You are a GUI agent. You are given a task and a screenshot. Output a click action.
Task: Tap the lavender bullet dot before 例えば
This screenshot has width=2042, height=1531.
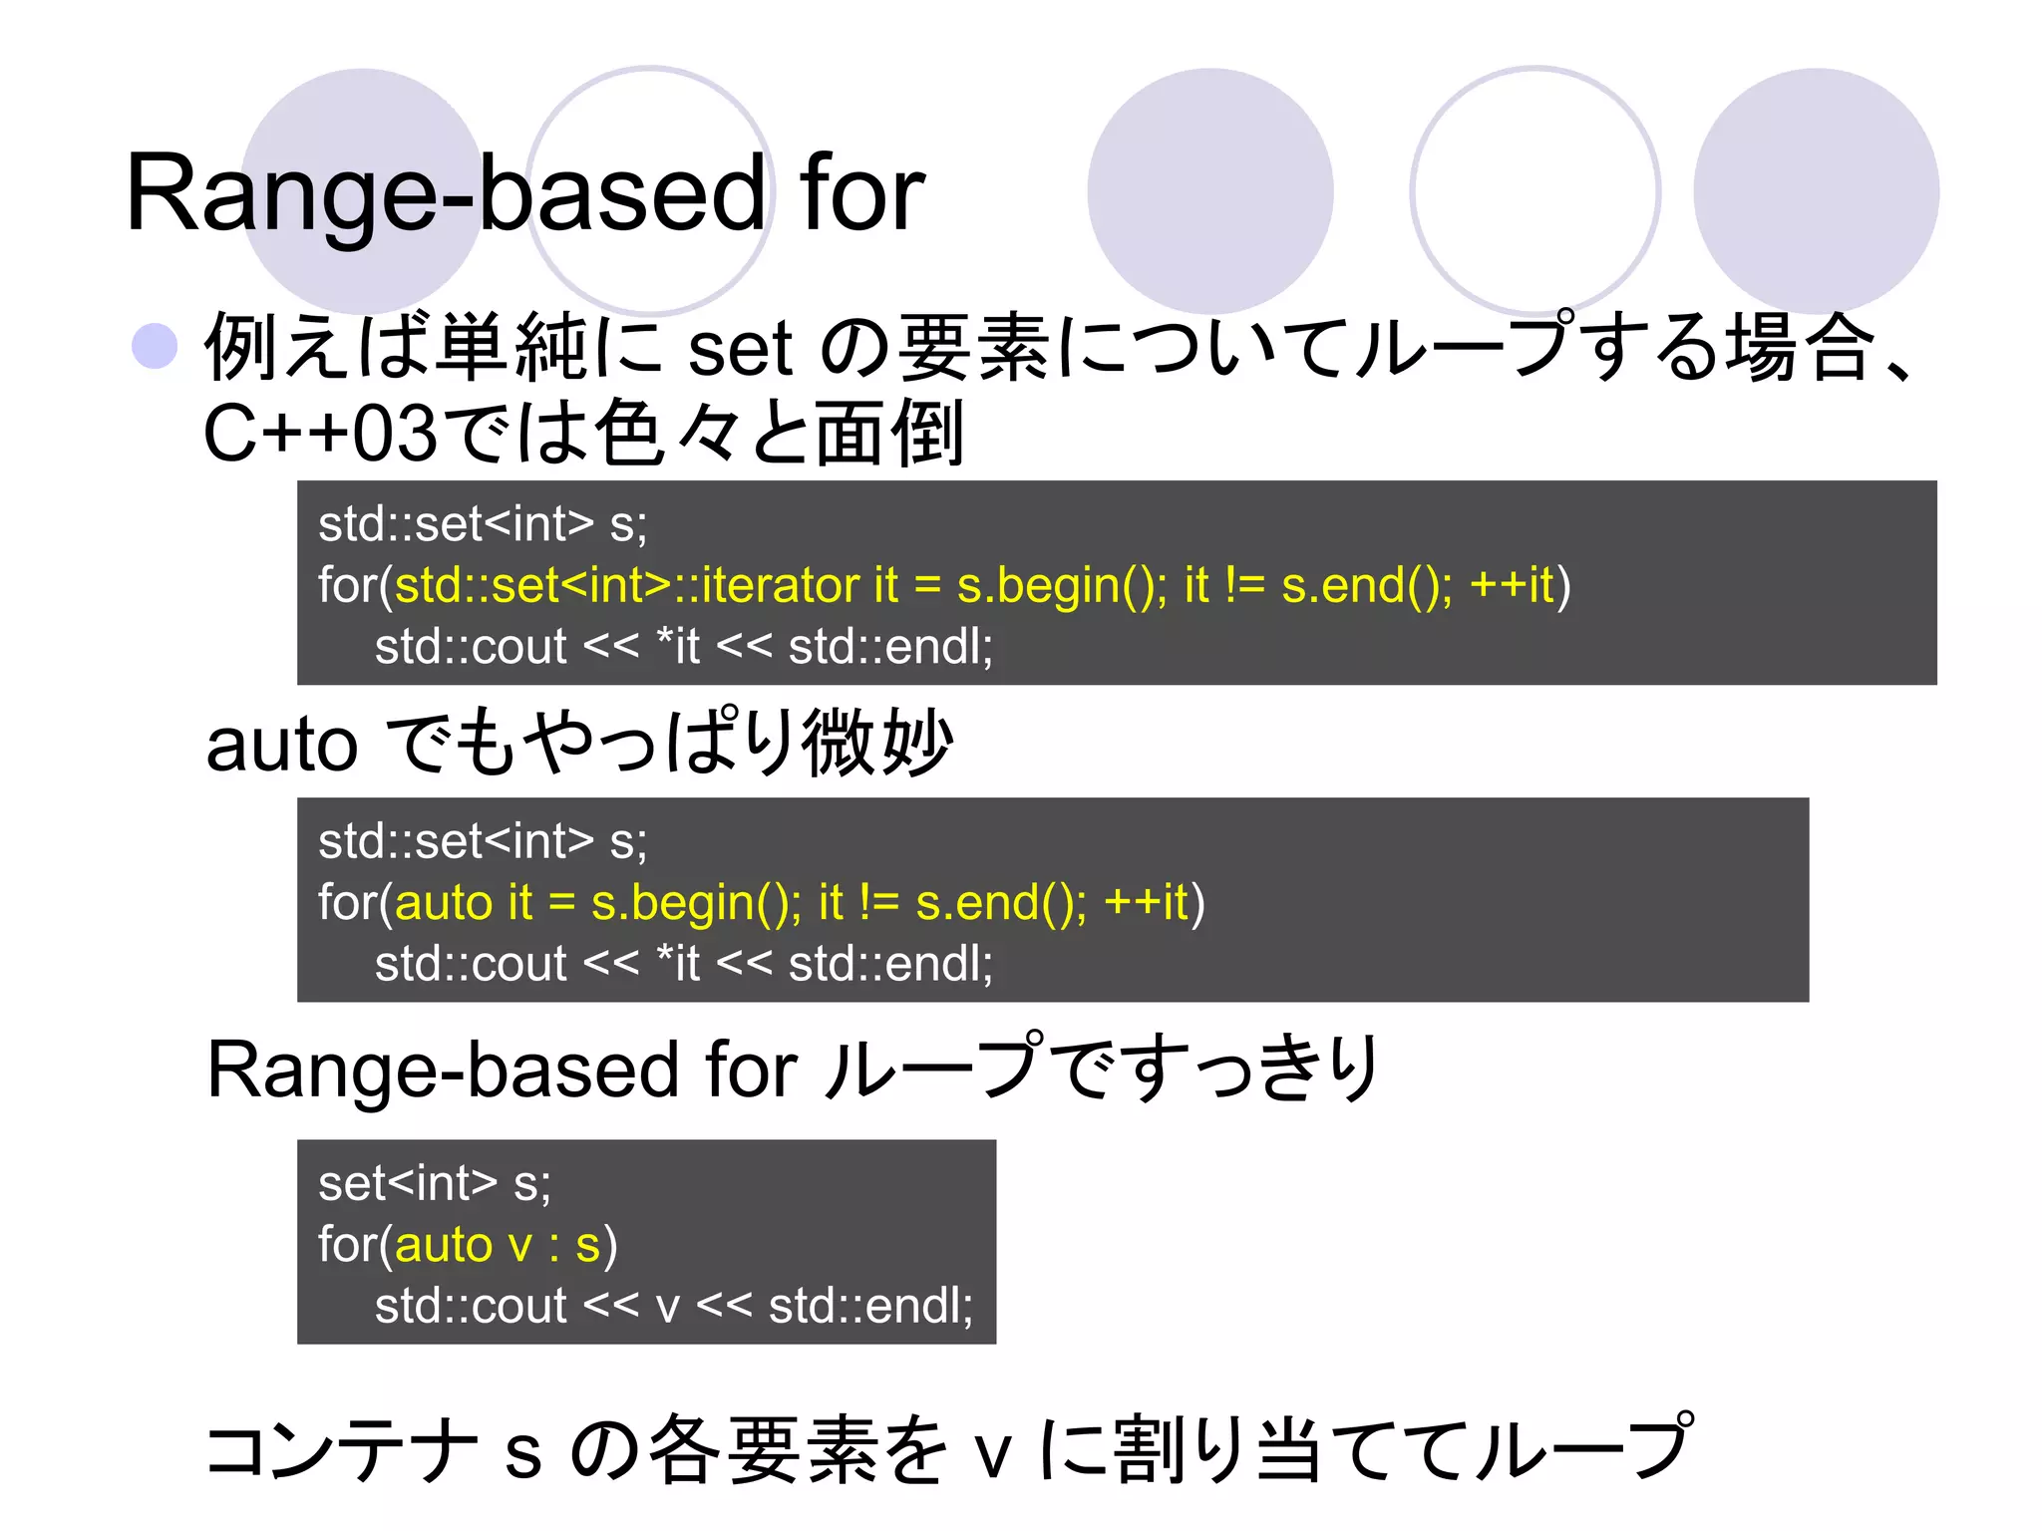(x=155, y=347)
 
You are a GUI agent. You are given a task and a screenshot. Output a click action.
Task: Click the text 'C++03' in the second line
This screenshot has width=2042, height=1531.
(x=319, y=435)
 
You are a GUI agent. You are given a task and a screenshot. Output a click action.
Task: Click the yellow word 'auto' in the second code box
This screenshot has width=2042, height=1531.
(x=444, y=903)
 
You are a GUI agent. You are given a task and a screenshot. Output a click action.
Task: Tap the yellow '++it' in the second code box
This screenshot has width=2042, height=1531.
(x=1147, y=903)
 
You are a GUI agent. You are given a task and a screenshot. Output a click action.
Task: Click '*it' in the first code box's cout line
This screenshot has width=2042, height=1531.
(x=678, y=647)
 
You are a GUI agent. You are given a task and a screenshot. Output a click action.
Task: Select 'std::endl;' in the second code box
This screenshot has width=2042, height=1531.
(x=890, y=964)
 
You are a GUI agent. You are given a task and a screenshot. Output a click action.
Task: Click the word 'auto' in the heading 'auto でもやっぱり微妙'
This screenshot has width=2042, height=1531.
(x=281, y=746)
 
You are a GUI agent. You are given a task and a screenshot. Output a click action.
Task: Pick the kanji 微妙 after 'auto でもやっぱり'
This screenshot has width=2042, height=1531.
(x=877, y=743)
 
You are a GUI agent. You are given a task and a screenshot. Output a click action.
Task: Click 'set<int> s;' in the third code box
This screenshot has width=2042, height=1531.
(x=435, y=1184)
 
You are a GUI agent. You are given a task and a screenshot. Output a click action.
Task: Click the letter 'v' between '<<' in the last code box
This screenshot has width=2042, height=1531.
(x=668, y=1307)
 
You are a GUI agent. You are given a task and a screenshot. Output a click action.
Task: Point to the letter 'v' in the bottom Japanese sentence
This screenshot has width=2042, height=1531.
(x=993, y=1455)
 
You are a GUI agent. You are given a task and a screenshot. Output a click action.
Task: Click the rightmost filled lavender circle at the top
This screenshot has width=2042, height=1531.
(x=1816, y=190)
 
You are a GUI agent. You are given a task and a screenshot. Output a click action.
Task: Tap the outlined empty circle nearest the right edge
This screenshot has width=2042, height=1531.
(x=1534, y=190)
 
